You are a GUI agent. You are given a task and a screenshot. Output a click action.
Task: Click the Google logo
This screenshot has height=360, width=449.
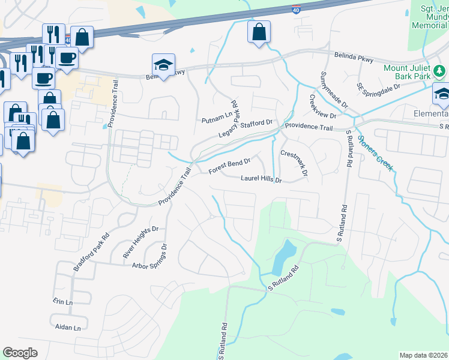tap(20, 353)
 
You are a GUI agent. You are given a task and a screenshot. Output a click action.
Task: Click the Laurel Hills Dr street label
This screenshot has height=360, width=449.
tap(261, 179)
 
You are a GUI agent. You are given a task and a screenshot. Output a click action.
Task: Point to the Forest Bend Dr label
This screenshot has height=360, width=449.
tap(229, 166)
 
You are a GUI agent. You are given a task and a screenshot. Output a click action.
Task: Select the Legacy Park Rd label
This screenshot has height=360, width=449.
tap(229, 127)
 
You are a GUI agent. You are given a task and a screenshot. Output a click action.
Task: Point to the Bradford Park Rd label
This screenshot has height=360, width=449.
tap(91, 251)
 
